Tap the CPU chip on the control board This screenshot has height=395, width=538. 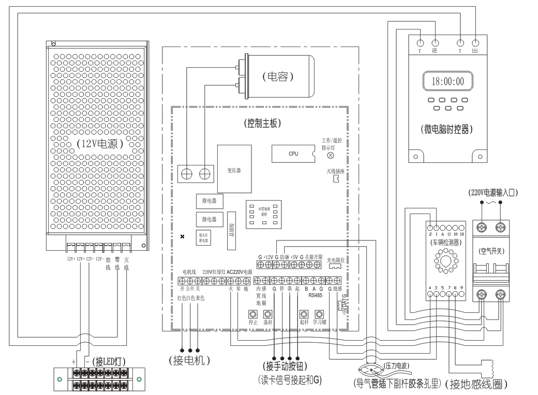click(293, 154)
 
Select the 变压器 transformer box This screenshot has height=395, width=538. click(234, 169)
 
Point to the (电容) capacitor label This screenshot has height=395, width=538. click(278, 77)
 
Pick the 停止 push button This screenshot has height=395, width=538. click(253, 314)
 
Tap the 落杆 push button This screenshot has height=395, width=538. click(267, 314)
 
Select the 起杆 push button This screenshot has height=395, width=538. click(304, 314)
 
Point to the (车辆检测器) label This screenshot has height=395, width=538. click(445, 241)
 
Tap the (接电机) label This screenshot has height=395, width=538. click(189, 360)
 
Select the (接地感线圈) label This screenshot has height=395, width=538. click(477, 384)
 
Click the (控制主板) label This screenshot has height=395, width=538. click(261, 124)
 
